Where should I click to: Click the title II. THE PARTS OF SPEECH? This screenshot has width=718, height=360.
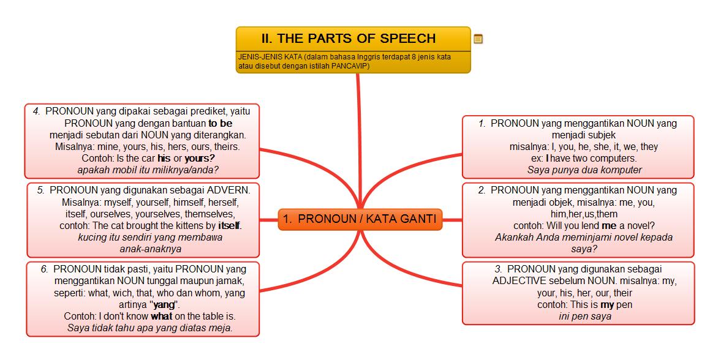pos(348,38)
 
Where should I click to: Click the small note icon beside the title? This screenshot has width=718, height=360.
pos(478,39)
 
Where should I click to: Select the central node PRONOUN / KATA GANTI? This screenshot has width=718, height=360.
pos(360,219)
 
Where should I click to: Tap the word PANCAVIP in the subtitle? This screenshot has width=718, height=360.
pos(350,66)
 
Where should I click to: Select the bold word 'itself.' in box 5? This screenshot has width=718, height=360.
pos(230,225)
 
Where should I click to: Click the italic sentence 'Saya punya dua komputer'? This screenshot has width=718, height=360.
pos(584,170)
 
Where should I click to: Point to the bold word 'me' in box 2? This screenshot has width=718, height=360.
pos(609,225)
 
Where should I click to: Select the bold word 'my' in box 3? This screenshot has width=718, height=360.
pos(607,304)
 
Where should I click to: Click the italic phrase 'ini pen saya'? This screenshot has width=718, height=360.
pos(585,317)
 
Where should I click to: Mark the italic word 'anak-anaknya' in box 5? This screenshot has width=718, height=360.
pos(150,249)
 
